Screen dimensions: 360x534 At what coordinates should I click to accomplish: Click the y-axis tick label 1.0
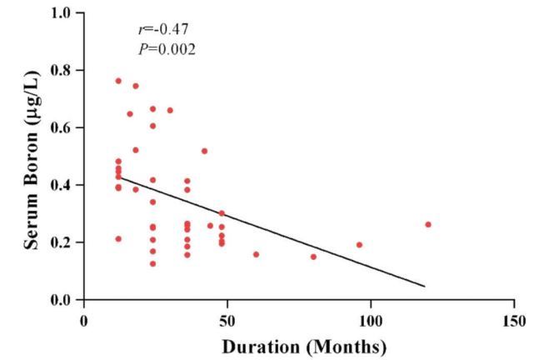62,13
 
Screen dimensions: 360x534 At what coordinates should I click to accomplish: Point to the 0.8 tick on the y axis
62,70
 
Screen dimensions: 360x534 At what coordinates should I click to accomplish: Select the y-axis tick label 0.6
62,127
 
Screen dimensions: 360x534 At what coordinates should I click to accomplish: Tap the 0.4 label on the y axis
62,185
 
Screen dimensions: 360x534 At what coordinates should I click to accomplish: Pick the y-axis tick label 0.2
62,242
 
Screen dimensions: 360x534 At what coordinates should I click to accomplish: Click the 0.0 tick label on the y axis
62,300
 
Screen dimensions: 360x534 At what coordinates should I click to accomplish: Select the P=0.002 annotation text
167,50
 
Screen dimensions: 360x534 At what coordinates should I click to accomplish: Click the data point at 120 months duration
428,224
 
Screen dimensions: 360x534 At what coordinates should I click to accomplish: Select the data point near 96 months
359,245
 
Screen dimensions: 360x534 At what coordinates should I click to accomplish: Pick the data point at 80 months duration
313,257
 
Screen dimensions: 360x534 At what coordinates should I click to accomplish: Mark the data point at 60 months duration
256,254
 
